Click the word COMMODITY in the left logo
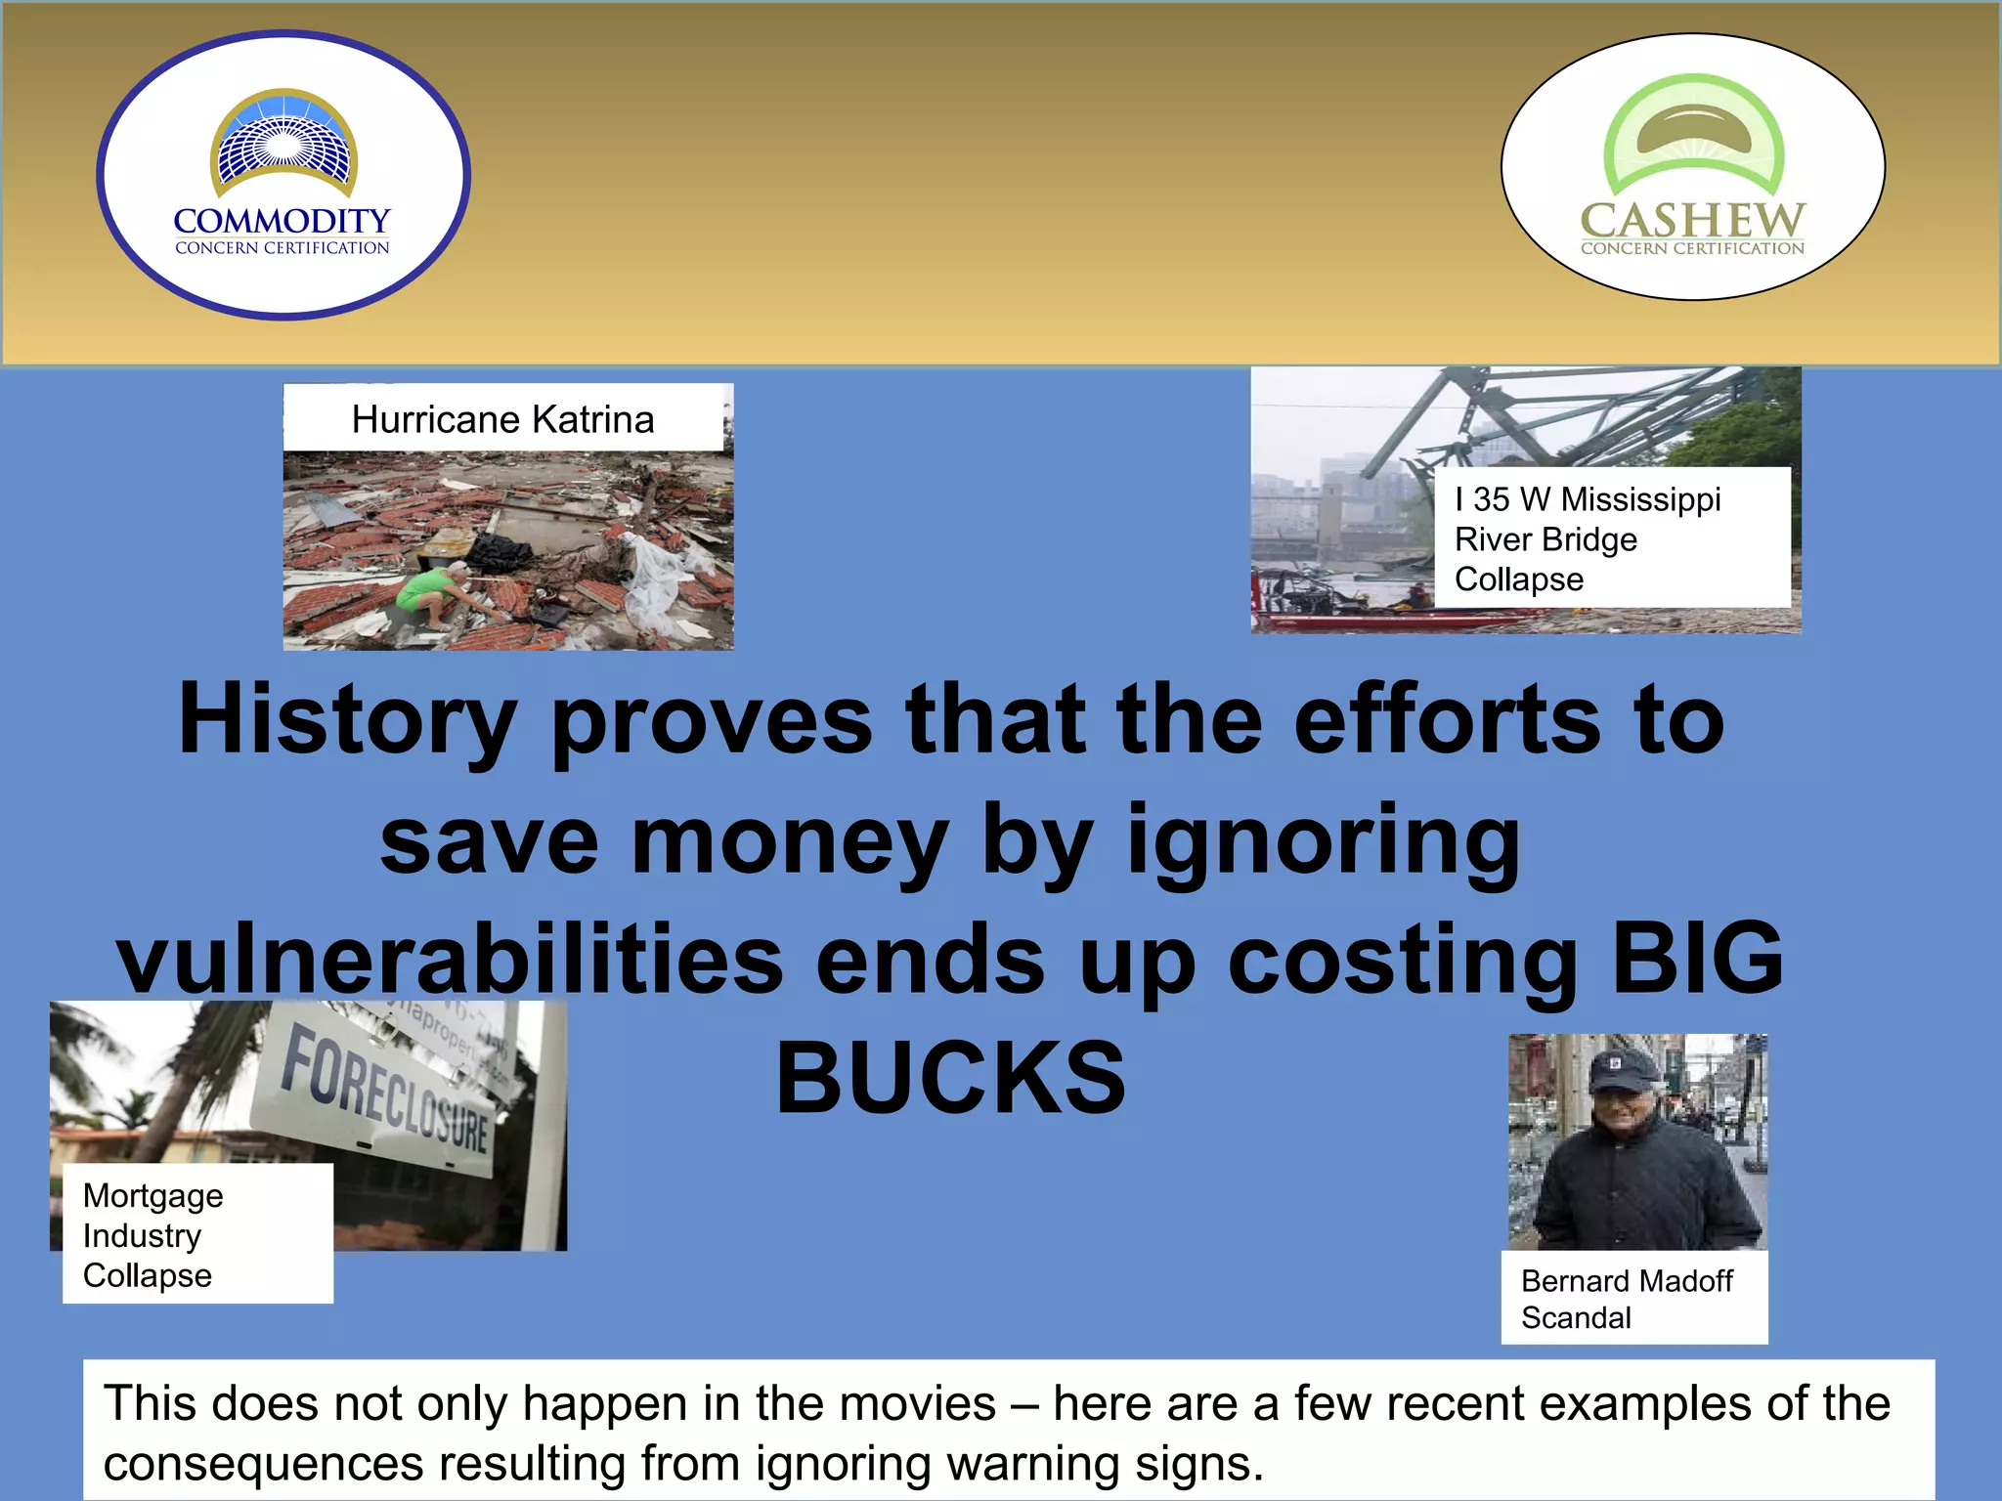pyautogui.click(x=282, y=221)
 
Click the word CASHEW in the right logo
pyautogui.click(x=1692, y=220)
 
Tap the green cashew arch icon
pyautogui.click(x=1694, y=132)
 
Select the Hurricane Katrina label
pyautogui.click(x=502, y=419)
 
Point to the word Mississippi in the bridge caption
pyautogui.click(x=1640, y=499)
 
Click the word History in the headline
pyautogui.click(x=347, y=720)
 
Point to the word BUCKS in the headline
pyautogui.click(x=950, y=1078)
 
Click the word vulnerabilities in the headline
pyautogui.click(x=450, y=959)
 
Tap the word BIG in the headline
pyautogui.click(x=1698, y=959)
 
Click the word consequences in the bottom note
pyautogui.click(x=263, y=1464)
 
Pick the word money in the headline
pyautogui.click(x=790, y=840)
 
